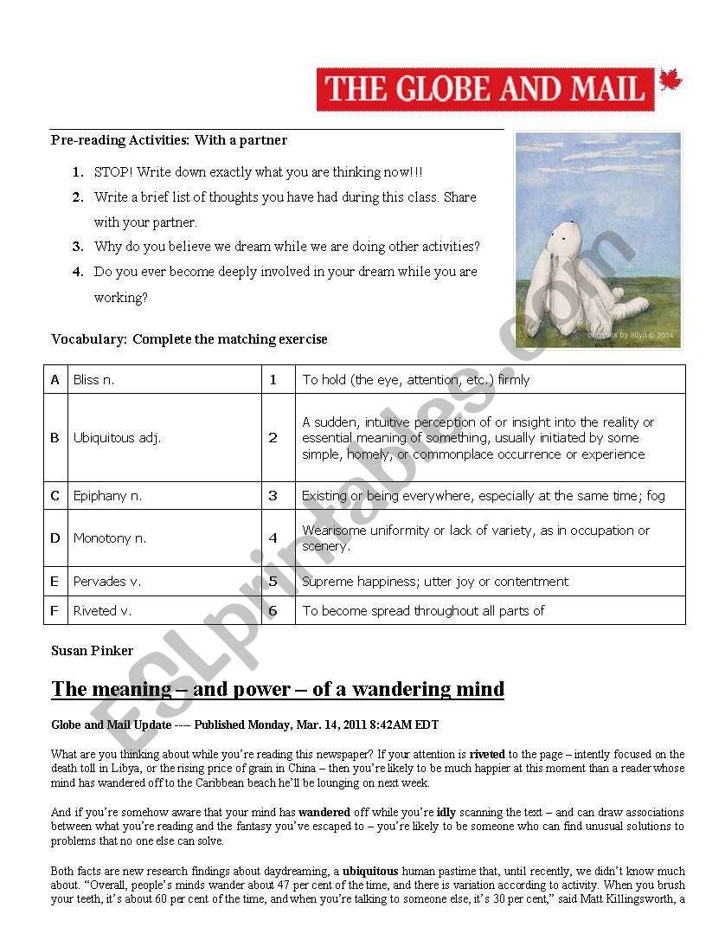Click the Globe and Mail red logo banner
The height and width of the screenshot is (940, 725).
click(485, 89)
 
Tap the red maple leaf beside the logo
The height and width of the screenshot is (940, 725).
click(670, 81)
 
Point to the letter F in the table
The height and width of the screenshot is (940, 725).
click(55, 610)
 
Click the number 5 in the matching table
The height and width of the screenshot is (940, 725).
click(273, 582)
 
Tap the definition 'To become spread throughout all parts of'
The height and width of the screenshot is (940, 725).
click(423, 610)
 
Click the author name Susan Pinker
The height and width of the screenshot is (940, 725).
click(92, 650)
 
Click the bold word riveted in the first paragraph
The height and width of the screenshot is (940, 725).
click(487, 754)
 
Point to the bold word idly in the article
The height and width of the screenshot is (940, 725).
click(446, 812)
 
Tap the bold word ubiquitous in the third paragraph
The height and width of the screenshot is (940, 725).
click(370, 871)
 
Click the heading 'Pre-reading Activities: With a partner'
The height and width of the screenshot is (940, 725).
click(169, 139)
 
